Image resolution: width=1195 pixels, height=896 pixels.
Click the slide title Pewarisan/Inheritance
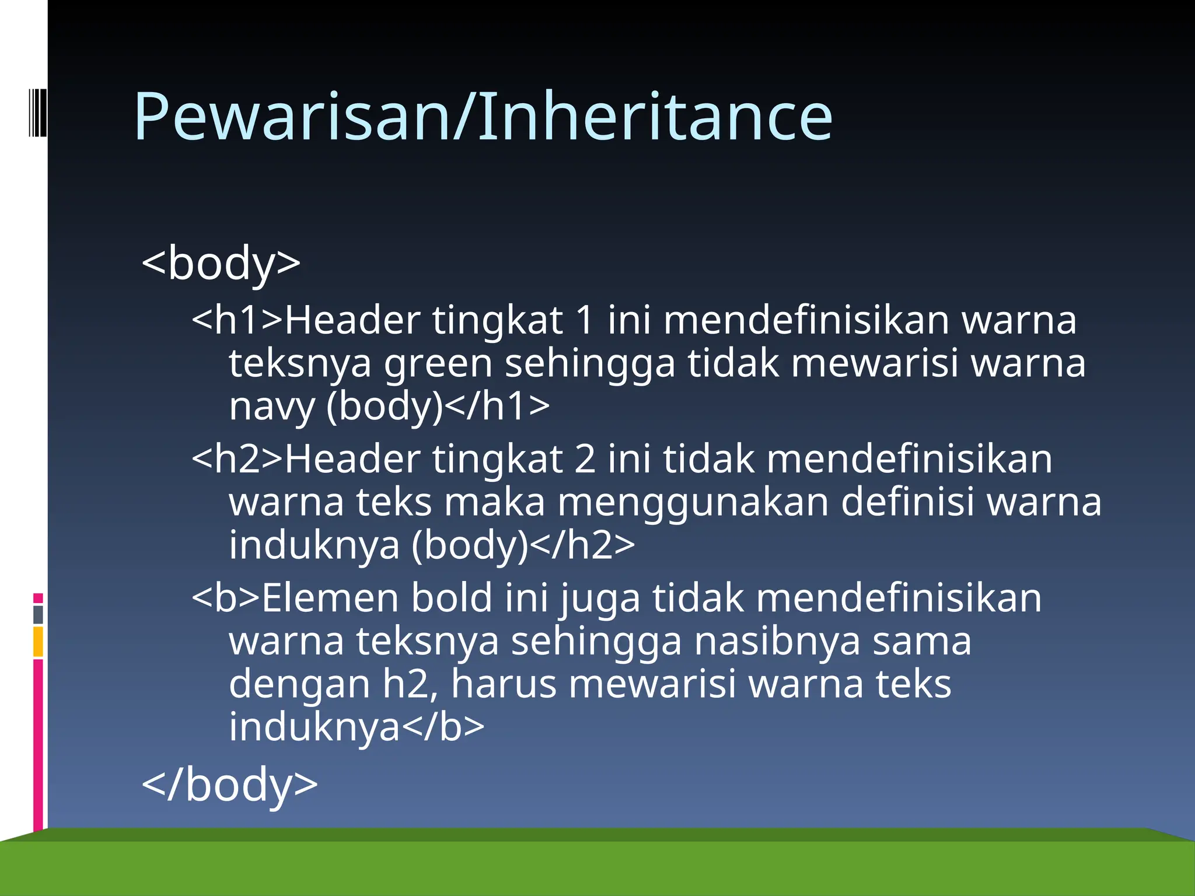click(x=483, y=117)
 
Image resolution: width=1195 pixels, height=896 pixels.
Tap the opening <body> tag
click(x=221, y=263)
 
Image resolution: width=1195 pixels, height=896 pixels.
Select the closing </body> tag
click(x=230, y=784)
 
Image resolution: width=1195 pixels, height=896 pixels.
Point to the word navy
click(x=272, y=407)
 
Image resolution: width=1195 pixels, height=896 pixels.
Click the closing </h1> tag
click(x=497, y=406)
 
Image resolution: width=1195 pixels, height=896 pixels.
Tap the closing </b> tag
click(x=443, y=727)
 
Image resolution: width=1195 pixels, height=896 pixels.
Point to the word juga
click(x=599, y=600)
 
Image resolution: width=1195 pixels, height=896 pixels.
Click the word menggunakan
click(x=693, y=503)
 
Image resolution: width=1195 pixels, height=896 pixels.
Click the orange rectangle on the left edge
click(x=39, y=642)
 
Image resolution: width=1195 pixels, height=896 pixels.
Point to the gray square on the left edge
click(x=39, y=615)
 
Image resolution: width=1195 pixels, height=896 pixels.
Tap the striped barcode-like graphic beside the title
click(x=37, y=112)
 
